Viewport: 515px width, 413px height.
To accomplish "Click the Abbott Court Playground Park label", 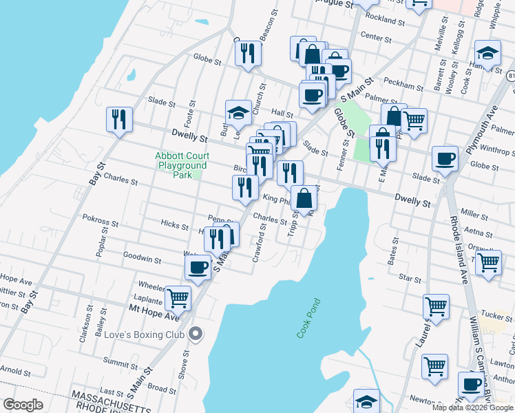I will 182,166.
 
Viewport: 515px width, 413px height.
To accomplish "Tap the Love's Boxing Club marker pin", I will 196,334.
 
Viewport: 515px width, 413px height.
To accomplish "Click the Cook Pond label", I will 309,317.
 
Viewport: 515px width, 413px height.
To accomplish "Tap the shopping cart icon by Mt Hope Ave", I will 178,297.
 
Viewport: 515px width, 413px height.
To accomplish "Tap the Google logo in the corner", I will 23,405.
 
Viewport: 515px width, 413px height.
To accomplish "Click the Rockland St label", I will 383,18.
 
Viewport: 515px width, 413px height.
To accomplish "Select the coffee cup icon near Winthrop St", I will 445,159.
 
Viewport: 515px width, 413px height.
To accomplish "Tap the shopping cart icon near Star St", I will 487,261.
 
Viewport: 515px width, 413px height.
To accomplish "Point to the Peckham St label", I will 404,87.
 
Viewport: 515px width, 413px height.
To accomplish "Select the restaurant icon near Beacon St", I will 249,53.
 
